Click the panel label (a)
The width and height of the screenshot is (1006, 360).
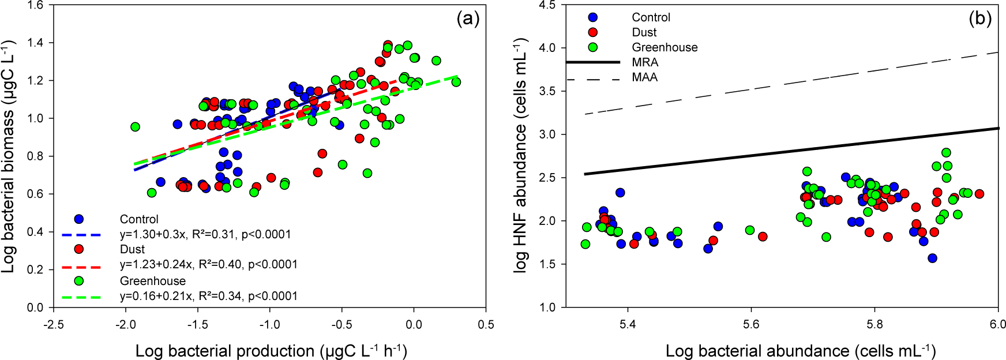point(468,19)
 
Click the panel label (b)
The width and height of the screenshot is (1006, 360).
point(980,19)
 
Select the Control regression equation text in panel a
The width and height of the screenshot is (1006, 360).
point(205,234)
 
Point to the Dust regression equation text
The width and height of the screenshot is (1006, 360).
point(209,264)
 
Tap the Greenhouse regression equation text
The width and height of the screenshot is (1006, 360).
point(209,296)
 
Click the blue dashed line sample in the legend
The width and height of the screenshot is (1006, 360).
point(81,235)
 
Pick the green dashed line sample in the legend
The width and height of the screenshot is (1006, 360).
point(81,297)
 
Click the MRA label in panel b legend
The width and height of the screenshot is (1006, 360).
point(645,62)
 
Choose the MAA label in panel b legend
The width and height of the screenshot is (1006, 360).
point(645,77)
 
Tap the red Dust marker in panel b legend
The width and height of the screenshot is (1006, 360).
point(593,32)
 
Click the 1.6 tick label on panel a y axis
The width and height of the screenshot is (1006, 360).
point(36,5)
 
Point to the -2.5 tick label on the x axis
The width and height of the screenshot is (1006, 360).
point(54,324)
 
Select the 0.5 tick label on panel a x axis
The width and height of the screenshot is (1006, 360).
point(486,324)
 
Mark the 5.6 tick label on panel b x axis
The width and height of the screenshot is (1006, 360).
point(751,324)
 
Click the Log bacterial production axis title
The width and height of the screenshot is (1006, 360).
point(271,351)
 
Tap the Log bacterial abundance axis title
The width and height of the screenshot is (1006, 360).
point(801,351)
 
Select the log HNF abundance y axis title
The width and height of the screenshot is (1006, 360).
point(521,156)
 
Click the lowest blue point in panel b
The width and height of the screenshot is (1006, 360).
point(932,258)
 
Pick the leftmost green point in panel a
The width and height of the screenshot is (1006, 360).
point(135,127)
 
